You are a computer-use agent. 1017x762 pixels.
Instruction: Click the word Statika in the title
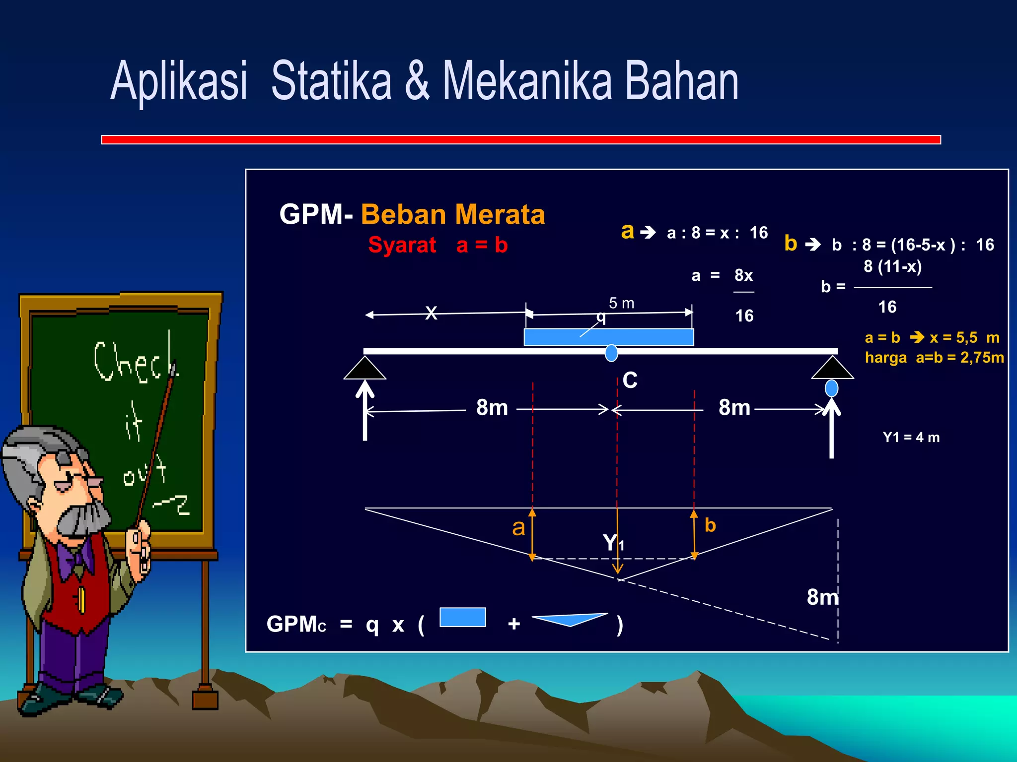click(331, 81)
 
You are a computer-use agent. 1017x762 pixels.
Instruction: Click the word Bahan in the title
click(681, 81)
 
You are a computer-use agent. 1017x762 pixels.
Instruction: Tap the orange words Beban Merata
click(452, 214)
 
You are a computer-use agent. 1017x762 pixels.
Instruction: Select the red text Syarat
click(402, 245)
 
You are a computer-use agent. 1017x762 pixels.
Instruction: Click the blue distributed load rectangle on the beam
click(608, 337)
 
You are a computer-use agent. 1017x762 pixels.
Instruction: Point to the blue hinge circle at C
click(611, 353)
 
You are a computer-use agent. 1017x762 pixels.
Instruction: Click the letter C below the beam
click(630, 381)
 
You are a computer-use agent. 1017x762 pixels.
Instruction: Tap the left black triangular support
click(364, 369)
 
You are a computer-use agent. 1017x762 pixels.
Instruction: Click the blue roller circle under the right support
click(831, 388)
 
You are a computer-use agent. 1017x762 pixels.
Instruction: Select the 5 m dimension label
click(621, 303)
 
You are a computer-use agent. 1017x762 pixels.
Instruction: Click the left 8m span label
click(492, 408)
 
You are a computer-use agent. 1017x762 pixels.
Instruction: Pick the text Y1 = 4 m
click(911, 438)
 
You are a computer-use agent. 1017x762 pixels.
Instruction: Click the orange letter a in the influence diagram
click(518, 527)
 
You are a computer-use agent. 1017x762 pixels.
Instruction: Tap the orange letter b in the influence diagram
click(710, 525)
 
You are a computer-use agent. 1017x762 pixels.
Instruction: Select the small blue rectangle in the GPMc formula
click(462, 617)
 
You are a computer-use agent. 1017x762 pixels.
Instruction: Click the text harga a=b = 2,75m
click(934, 358)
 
